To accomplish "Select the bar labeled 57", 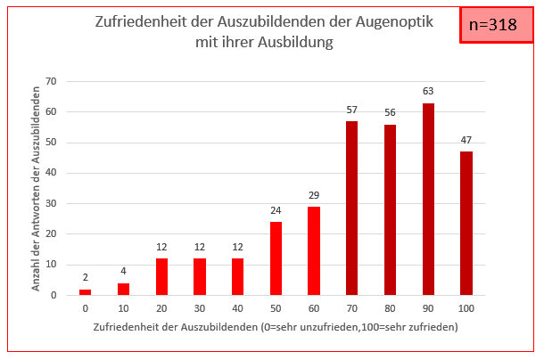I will click(x=352, y=208).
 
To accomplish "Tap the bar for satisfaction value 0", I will click(x=86, y=291).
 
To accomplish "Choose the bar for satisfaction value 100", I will click(x=466, y=223).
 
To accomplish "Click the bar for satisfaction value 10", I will click(x=123, y=289).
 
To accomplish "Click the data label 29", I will click(x=314, y=195).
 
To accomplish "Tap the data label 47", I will click(x=466, y=141).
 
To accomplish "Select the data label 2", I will click(x=86, y=278).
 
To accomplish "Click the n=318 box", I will click(x=492, y=25).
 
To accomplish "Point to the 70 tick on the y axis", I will click(x=51, y=82).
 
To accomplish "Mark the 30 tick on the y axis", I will click(x=51, y=204).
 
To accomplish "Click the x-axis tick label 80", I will click(x=391, y=307).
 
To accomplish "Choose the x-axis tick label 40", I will click(x=238, y=307).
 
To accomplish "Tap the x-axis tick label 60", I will click(x=314, y=307).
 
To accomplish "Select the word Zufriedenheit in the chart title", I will click(x=143, y=22).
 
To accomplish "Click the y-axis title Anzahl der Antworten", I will click(x=37, y=187).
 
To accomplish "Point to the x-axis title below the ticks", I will click(x=275, y=327).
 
